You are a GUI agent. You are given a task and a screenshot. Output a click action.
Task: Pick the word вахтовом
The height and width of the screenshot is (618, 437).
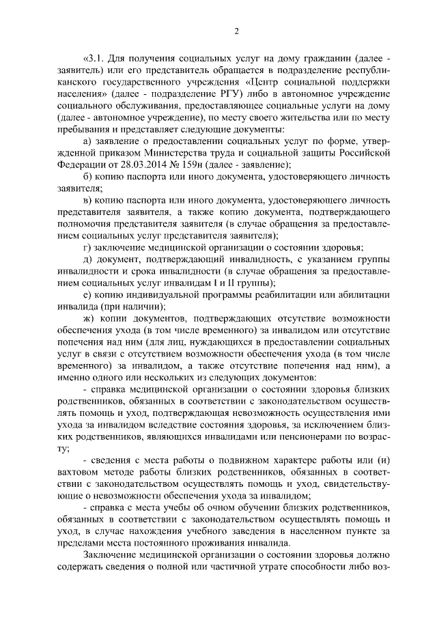(x=81, y=470)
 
